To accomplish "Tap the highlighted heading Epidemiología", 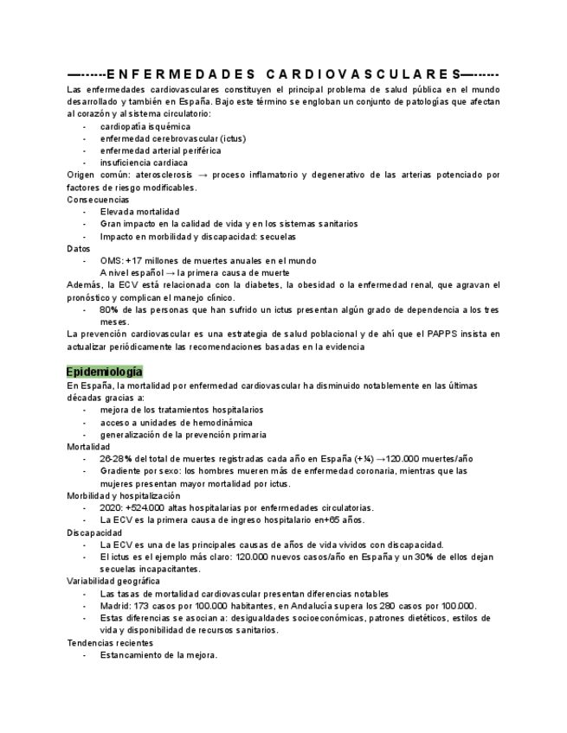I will [98, 372].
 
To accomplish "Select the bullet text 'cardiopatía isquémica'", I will [145, 126].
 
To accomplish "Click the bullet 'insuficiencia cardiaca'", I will [144, 163].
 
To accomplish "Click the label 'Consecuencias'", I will [98, 200].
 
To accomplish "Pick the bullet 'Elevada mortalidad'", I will [139, 212].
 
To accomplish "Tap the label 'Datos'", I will [79, 248].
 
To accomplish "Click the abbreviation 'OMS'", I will [111, 260].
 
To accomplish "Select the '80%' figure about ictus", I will [109, 309].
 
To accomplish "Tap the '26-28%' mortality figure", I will [117, 459].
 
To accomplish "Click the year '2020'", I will [112, 508].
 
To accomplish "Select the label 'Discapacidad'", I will [94, 532].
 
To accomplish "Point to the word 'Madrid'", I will [115, 606].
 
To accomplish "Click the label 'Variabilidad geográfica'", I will [113, 582].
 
